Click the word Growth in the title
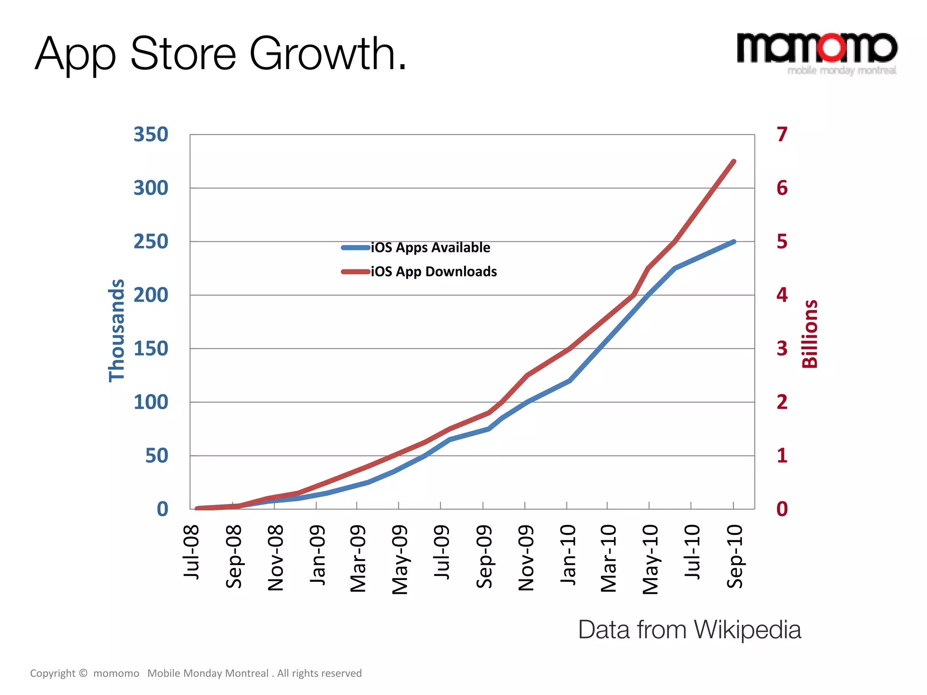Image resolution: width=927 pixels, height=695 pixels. pos(328,54)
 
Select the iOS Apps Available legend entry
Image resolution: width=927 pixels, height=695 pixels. pos(430,248)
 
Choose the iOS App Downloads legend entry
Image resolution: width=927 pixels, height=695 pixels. pos(433,271)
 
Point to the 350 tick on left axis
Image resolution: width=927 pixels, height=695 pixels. pos(151,134)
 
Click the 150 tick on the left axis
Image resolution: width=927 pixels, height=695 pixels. pos(151,349)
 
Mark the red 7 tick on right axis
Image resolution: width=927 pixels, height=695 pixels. pos(782,134)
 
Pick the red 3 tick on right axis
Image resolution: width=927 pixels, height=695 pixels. pos(782,349)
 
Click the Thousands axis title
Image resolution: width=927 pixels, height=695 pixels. pos(117,331)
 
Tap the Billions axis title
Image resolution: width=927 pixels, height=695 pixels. pos(810,334)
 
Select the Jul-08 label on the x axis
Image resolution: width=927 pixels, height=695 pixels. pos(191,552)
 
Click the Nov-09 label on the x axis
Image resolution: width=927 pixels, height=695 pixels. pos(526,558)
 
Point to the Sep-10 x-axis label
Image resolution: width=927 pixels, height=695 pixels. pos(735,556)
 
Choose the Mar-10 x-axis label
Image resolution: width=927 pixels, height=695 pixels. pos(609,558)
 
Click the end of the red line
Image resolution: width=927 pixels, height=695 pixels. pos(734,162)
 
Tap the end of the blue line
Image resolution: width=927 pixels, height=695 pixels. pos(734,242)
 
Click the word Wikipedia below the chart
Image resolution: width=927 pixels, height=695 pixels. pos(747,630)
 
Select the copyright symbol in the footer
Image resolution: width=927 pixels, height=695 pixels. pos(83,673)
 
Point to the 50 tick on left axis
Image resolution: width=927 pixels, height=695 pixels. pos(157,456)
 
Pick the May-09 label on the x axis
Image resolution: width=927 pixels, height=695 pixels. pos(400,559)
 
